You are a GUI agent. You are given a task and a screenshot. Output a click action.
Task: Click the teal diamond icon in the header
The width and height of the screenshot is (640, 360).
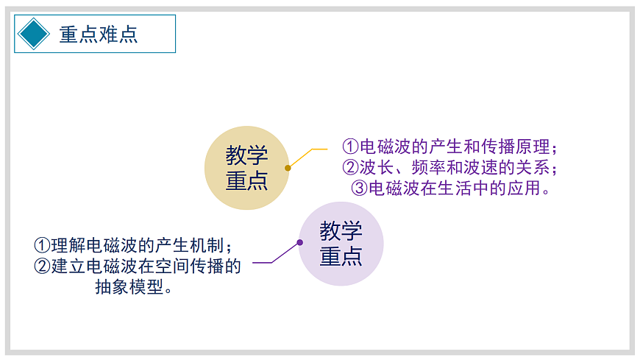coord(34,34)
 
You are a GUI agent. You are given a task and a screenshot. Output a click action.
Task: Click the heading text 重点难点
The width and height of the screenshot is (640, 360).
coord(99,35)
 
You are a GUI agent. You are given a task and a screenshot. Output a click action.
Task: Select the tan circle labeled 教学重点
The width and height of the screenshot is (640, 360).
coord(246,168)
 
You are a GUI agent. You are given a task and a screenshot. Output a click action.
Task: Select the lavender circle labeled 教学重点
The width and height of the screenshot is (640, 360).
coord(341,244)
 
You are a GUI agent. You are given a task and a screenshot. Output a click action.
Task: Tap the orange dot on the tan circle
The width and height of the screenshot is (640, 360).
coord(288,168)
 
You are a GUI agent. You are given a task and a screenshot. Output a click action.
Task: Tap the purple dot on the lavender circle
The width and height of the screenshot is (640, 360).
coord(300,242)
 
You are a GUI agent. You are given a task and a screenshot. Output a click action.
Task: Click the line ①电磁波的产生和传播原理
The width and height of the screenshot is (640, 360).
coord(450,147)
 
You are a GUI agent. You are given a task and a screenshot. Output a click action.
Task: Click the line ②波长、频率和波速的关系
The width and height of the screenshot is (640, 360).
coord(450,167)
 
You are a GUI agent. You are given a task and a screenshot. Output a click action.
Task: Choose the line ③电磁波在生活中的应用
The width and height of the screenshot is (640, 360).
coord(450,188)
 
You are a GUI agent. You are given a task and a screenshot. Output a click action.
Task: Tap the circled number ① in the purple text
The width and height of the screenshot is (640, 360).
coord(351,147)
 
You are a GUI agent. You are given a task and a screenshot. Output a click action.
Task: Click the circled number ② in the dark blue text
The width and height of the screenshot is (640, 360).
coord(43,266)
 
